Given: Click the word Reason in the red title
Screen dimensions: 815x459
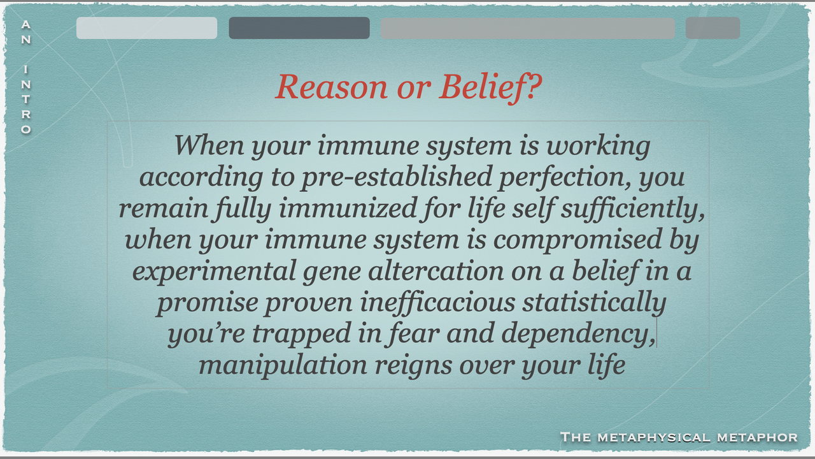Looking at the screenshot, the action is click(332, 87).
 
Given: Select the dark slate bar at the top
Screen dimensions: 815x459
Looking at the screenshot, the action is click(299, 27).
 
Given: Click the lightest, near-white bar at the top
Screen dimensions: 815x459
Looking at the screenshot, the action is click(146, 27).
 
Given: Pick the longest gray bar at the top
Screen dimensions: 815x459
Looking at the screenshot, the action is click(528, 27).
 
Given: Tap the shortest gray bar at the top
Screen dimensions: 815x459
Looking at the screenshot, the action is click(712, 27).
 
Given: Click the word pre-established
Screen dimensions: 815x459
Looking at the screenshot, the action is click(397, 177).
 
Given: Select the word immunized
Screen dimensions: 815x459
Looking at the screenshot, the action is click(348, 208).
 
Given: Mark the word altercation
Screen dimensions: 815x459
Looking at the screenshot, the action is click(436, 271).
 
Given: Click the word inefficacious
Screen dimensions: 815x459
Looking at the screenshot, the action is click(437, 303).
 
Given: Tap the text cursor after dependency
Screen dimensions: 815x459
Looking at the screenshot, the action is click(656, 333).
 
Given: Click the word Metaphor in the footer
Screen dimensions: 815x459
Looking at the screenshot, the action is click(757, 437).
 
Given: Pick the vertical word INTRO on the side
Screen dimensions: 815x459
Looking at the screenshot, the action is click(26, 99).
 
